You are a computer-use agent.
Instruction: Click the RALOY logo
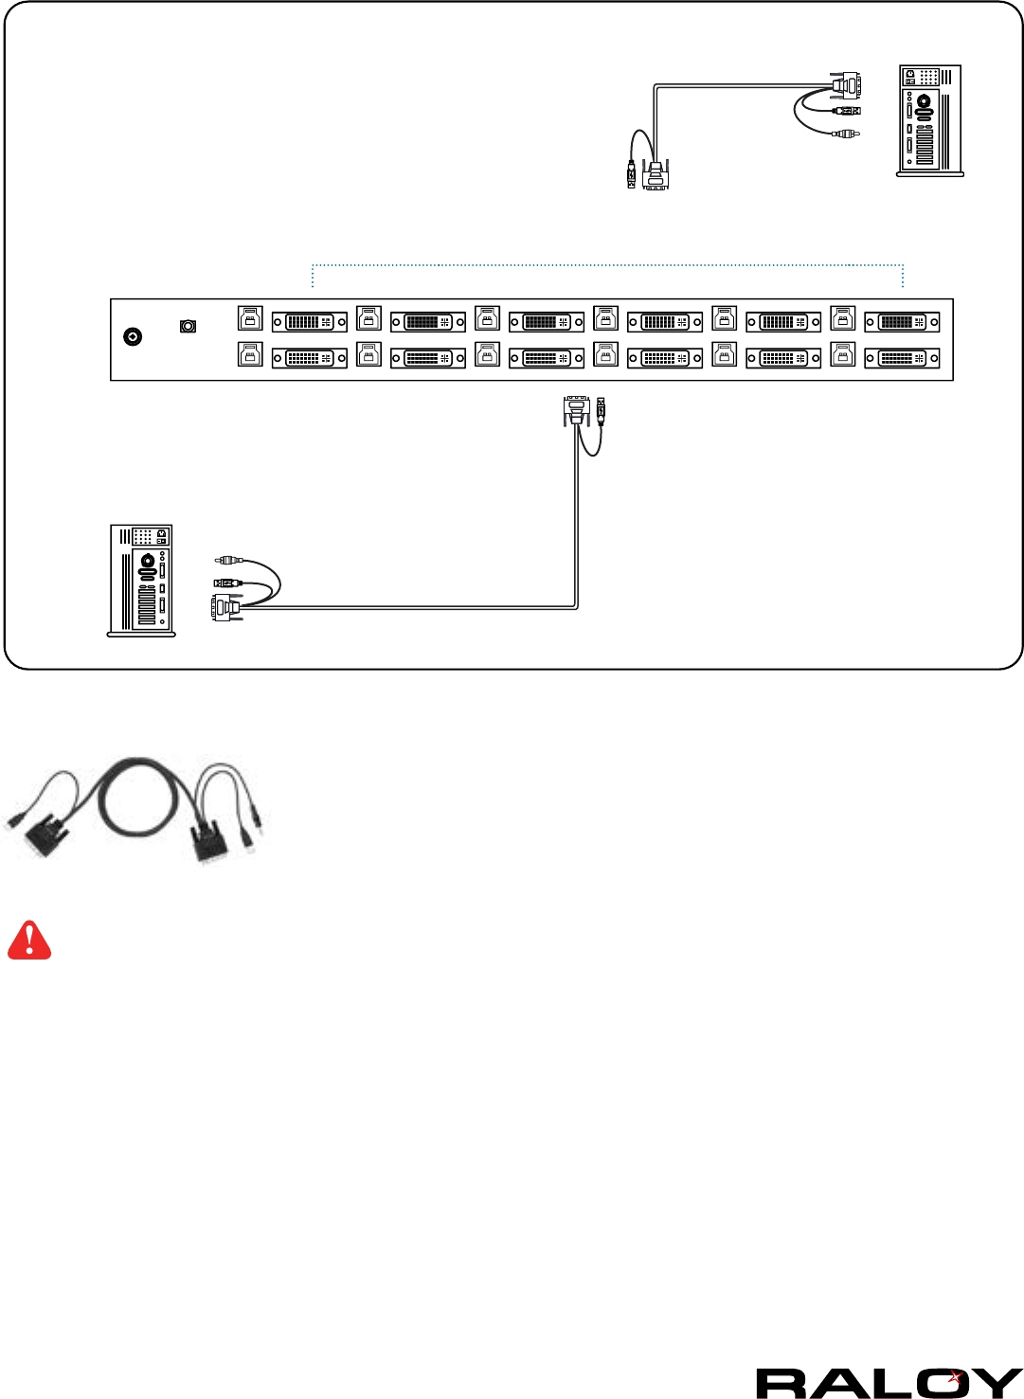[x=889, y=1383]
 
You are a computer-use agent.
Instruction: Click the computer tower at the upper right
[x=930, y=120]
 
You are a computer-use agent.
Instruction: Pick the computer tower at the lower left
[x=141, y=580]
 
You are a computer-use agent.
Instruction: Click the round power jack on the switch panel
[x=134, y=336]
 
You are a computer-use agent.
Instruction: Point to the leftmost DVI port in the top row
[x=310, y=322]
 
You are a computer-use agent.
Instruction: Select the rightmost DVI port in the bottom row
[x=902, y=358]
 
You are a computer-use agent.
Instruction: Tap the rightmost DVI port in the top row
[x=902, y=322]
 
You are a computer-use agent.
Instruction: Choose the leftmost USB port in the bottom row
[x=250, y=354]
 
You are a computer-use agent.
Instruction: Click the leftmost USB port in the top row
[x=250, y=317]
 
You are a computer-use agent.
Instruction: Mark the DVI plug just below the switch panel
[x=576, y=411]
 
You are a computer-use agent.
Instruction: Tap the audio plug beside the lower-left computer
[x=229, y=561]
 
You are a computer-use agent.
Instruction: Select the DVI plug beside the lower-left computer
[x=225, y=607]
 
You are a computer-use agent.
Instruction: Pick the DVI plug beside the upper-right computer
[x=846, y=84]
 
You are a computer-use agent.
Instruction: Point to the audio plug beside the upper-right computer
[x=846, y=134]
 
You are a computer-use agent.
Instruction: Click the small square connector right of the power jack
[x=189, y=327]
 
